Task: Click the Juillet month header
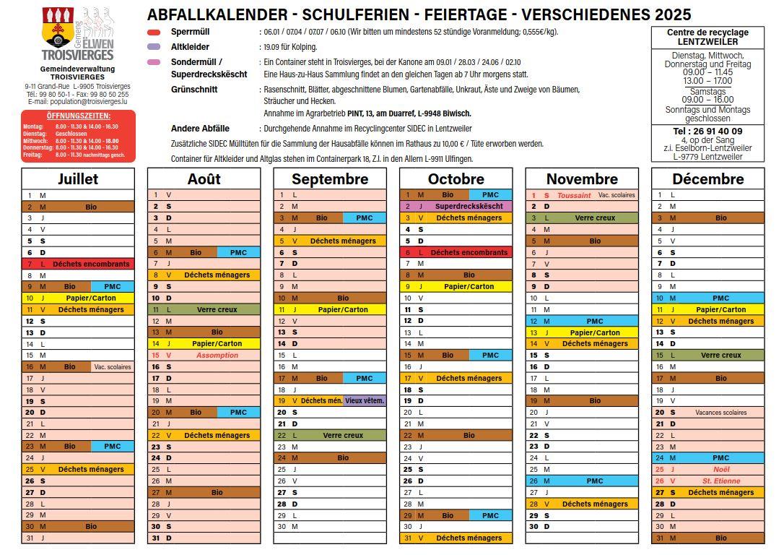coord(78,178)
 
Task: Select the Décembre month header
coord(707,178)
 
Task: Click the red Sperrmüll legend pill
coord(154,33)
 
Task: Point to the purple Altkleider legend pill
coord(154,47)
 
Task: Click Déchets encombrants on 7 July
coord(91,264)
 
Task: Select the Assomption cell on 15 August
coord(217,355)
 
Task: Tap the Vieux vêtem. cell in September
coord(365,400)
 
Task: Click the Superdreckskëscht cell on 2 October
coord(469,206)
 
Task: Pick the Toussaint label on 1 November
coord(574,195)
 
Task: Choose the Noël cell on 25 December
coord(720,469)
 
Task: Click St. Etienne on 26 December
coord(720,481)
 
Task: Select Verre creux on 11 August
coord(217,309)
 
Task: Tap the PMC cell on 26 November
coord(594,481)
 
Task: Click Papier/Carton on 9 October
coord(469,286)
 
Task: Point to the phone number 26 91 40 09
coord(707,131)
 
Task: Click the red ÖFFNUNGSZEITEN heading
coord(78,116)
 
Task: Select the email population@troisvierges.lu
coord(78,102)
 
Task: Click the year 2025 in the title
coord(673,14)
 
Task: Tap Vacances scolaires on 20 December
coord(720,412)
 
